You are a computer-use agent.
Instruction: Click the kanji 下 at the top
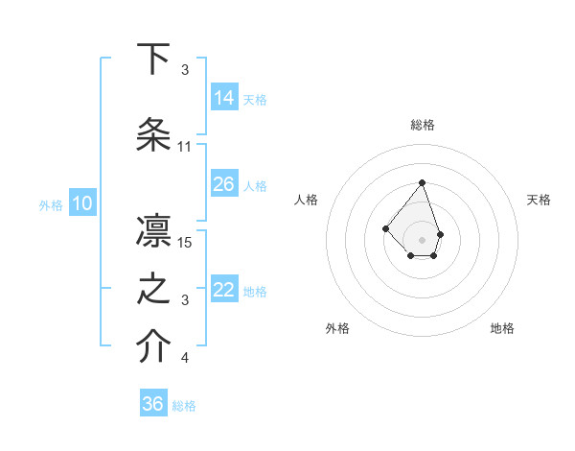click(153, 59)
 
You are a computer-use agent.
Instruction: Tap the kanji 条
click(153, 135)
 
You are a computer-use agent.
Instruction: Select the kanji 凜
click(153, 231)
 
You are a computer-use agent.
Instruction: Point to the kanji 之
click(153, 289)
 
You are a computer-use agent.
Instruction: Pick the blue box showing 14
click(224, 97)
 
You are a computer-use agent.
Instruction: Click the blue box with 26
click(224, 183)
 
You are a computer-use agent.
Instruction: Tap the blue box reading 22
click(224, 289)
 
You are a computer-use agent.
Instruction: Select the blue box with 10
click(81, 202)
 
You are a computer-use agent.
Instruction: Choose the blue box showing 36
click(153, 404)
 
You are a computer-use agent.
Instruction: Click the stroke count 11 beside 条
click(185, 147)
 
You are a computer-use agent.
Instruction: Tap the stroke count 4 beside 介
click(185, 358)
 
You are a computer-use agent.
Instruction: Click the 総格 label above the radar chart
click(422, 125)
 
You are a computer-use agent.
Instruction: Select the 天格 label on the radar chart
click(539, 200)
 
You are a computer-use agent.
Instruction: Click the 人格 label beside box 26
click(255, 185)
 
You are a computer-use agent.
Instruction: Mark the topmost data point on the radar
click(422, 182)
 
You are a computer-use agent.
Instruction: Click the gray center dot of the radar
click(422, 239)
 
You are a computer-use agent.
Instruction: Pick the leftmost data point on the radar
click(385, 228)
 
